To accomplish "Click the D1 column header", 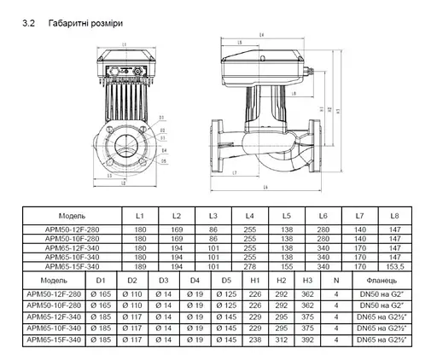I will (x=101, y=279).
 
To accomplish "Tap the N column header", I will (x=336, y=279).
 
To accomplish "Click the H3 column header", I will (x=307, y=279).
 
